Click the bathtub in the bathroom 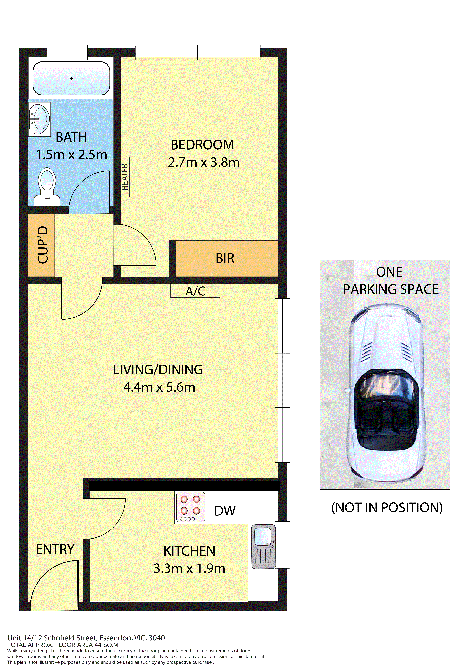71,78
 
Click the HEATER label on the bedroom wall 125,177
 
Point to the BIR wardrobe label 225,258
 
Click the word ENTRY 55,549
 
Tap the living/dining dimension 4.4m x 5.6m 159,387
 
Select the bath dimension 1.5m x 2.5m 72,155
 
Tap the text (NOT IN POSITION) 387,508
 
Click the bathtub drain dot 71,78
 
